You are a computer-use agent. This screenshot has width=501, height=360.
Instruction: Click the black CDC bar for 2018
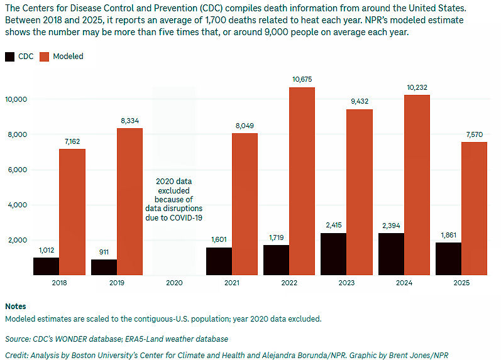click(x=47, y=266)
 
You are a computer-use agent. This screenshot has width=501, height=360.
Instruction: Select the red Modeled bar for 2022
click(x=302, y=181)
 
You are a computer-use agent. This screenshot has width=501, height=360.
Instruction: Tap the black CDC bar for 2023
click(x=334, y=254)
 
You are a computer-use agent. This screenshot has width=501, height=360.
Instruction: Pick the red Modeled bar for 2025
click(x=474, y=209)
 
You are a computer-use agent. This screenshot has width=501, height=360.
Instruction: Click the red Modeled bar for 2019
click(x=129, y=202)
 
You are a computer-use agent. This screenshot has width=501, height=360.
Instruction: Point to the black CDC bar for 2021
click(x=219, y=261)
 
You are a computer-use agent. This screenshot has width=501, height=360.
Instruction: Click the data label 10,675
click(x=302, y=79)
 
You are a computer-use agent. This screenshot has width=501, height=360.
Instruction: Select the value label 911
click(x=104, y=252)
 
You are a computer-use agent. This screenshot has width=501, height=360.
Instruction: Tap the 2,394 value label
click(x=391, y=226)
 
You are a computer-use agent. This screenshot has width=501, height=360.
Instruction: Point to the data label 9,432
click(x=360, y=101)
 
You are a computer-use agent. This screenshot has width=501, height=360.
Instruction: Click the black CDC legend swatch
click(x=9, y=57)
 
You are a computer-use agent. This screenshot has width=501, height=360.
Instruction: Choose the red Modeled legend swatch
click(x=45, y=57)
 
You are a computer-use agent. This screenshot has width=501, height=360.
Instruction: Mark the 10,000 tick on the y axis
click(x=16, y=99)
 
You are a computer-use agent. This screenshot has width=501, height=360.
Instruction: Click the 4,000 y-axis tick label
click(x=18, y=205)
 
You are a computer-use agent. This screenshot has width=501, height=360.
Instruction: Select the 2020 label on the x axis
click(x=175, y=283)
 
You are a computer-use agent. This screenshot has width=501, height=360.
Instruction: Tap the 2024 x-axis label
click(x=404, y=283)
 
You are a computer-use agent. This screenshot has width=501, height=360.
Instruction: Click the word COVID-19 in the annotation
click(x=186, y=218)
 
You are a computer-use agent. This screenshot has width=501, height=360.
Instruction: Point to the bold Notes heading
click(x=16, y=307)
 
